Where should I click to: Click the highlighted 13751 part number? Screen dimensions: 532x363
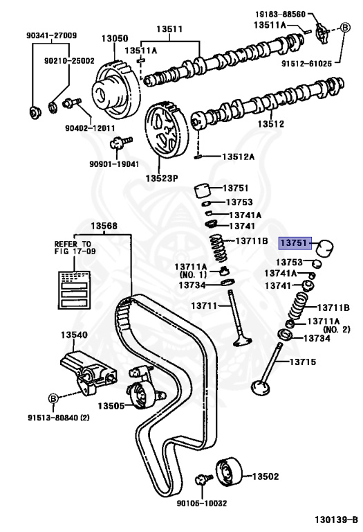[294, 243]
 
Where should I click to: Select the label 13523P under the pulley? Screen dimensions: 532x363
[162, 178]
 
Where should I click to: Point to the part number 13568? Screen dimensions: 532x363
[104, 225]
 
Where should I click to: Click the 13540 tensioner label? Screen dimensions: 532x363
[73, 335]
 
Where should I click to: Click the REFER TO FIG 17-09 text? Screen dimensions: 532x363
[73, 249]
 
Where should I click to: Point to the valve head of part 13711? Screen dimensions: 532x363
[242, 341]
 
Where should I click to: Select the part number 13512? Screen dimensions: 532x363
[271, 125]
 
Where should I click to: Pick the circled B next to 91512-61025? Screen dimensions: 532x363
[344, 28]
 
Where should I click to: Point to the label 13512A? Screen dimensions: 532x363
[238, 157]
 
